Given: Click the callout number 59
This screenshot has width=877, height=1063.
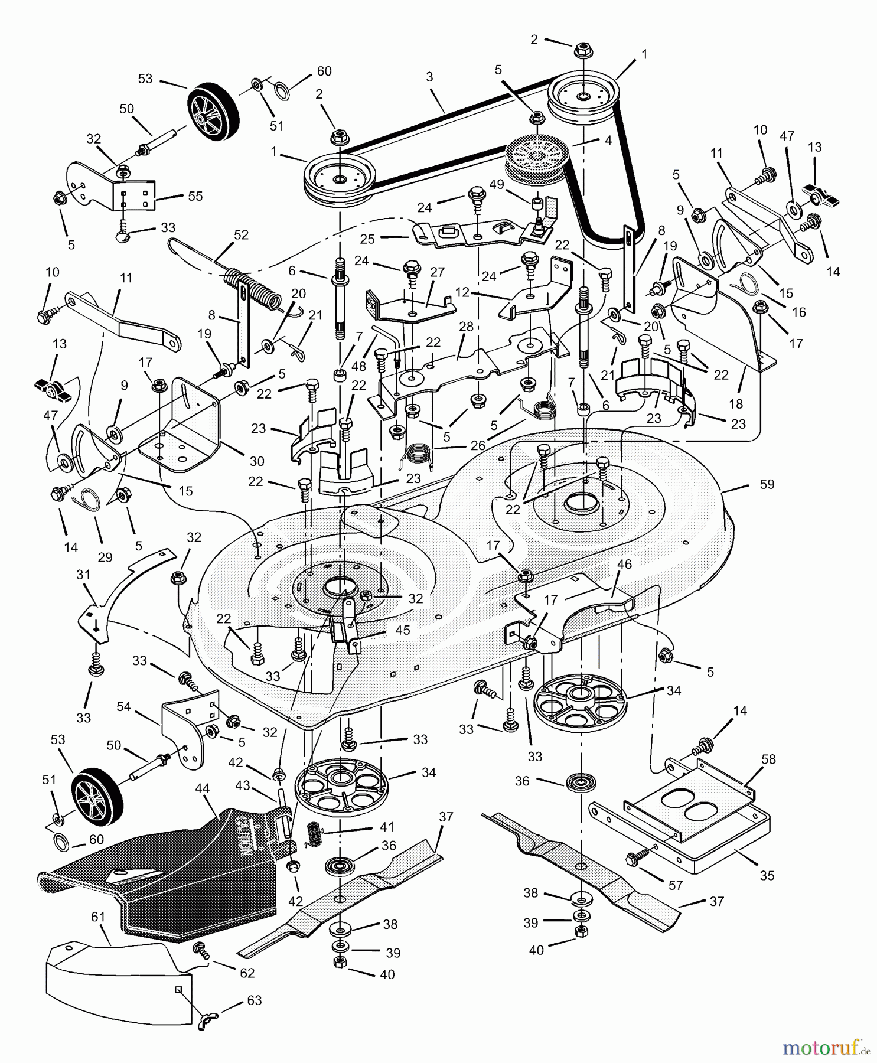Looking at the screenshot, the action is tap(767, 484).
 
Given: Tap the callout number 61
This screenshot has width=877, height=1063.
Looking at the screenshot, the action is tap(98, 917).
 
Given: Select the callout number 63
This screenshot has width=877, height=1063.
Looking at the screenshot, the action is tap(253, 1000).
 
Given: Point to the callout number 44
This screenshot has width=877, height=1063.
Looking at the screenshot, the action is tap(203, 788).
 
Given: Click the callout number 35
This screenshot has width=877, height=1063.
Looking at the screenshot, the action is tap(767, 875).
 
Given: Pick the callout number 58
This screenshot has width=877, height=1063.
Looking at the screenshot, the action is tap(768, 759).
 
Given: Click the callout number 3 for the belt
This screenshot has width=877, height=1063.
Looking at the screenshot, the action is tap(429, 77).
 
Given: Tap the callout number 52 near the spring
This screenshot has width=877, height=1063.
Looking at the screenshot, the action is tap(241, 234).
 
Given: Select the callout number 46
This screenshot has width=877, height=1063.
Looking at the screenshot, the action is tap(624, 564).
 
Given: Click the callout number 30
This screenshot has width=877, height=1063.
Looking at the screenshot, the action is tap(256, 461).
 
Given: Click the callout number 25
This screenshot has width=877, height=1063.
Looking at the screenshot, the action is tap(367, 240).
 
